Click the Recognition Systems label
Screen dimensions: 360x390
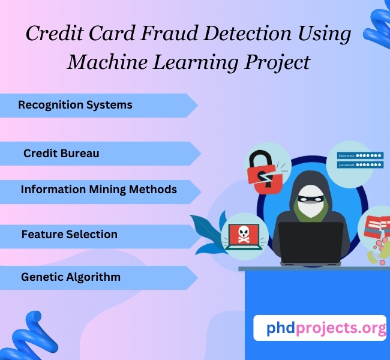tap(75, 105)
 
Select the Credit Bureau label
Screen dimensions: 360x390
tap(61, 154)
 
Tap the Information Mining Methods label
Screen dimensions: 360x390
tap(98, 190)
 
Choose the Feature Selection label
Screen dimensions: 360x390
tap(69, 234)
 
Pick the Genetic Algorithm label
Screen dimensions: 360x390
tap(70, 277)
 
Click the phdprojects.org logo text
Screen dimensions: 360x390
tap(319, 328)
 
